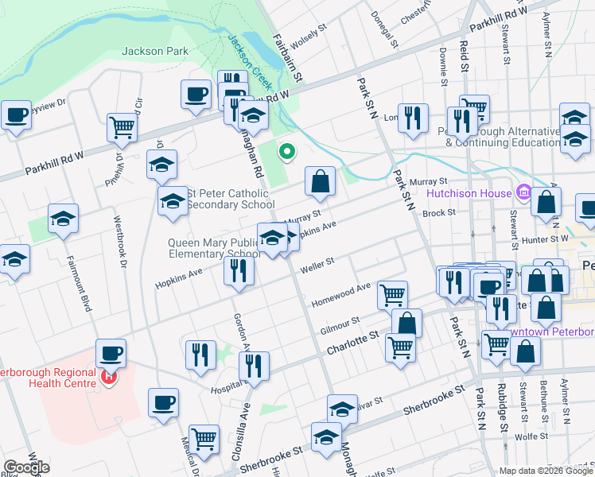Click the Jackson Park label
click(x=155, y=51)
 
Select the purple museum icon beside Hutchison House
click(x=523, y=192)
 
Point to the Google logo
click(x=27, y=467)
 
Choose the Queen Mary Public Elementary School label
click(x=214, y=249)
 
